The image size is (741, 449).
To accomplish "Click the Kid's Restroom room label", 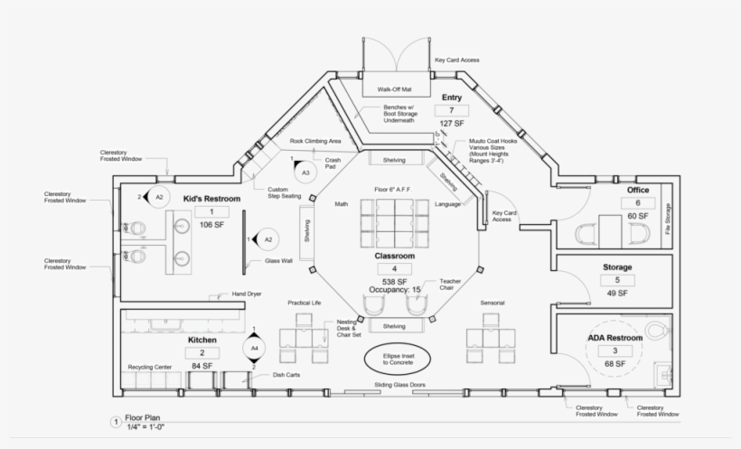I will pyautogui.click(x=211, y=198).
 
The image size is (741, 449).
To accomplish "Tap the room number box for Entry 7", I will pyautogui.click(x=451, y=111).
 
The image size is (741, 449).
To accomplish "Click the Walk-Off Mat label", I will pyautogui.click(x=394, y=90).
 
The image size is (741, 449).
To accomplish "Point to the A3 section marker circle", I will pyautogui.click(x=305, y=172).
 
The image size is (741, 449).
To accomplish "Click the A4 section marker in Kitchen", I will pyautogui.click(x=254, y=347).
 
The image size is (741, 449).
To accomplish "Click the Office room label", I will pyautogui.click(x=638, y=191).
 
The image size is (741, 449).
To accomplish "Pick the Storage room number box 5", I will pyautogui.click(x=617, y=280).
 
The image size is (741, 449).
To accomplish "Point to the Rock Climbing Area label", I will pyautogui.click(x=314, y=142).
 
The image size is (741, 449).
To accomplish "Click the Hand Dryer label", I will pyautogui.click(x=247, y=294).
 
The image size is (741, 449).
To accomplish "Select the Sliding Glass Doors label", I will pyautogui.click(x=399, y=387).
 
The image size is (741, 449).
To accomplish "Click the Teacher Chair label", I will pyautogui.click(x=450, y=284).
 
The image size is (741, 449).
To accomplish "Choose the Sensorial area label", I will pyautogui.click(x=492, y=303).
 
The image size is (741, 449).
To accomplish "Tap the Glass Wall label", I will pyautogui.click(x=278, y=260).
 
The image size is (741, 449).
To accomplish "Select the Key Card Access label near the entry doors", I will pyautogui.click(x=457, y=60).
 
